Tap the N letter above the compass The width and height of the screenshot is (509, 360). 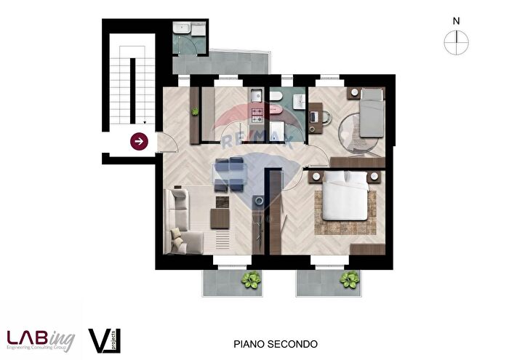pos(456,21)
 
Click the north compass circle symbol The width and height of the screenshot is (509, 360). pos(456,44)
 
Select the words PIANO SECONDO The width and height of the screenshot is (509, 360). pos(275,343)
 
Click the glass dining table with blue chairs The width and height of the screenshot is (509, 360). pos(232,172)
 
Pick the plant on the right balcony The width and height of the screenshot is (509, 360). pos(350,279)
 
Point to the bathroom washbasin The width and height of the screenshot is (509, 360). pos(299,103)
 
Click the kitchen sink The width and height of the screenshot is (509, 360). pos(256,96)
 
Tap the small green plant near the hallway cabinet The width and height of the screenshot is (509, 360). pos(195,111)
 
